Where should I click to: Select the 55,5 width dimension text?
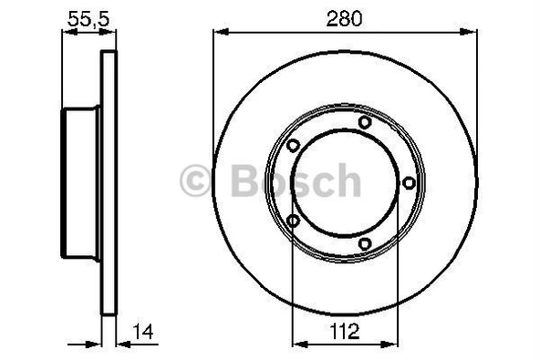88,16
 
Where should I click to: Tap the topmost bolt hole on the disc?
365,122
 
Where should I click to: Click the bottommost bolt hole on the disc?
365,243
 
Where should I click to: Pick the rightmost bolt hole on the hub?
409,182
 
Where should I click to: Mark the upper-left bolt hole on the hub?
293,146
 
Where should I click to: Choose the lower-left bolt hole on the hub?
293,220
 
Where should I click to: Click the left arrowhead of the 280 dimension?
219,33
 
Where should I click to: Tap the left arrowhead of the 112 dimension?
297,344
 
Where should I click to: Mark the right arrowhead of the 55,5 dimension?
113,33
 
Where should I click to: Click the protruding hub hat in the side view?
80,182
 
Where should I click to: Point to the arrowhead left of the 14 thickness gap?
95,344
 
